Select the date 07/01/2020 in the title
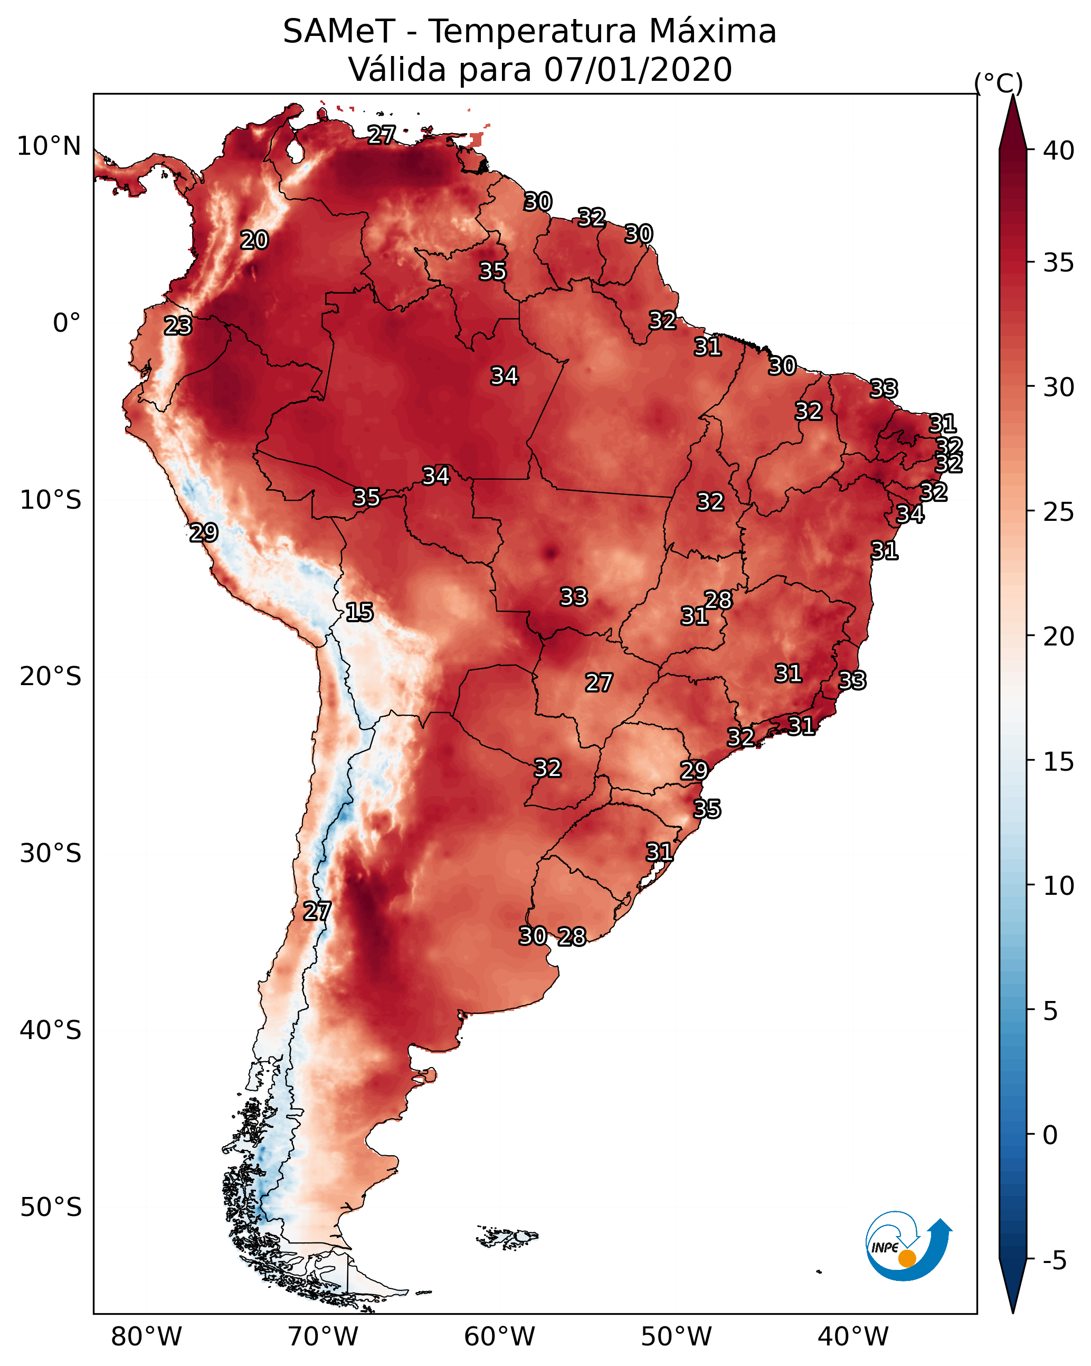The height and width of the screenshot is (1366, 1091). pos(638,70)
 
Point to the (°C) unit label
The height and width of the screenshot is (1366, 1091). pos(998,83)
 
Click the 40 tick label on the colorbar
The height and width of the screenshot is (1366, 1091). pos(1059,151)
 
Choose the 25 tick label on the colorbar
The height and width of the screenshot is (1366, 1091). pos(1059,512)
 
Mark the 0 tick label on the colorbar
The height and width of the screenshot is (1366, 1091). pos(1050,1135)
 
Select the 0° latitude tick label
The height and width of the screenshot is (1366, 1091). pos(67,323)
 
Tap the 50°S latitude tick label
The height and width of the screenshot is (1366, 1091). pos(51,1207)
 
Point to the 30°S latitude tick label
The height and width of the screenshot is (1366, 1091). pos(51,854)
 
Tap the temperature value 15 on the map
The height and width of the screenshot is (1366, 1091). pos(359,612)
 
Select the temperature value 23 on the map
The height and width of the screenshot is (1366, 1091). pos(178,326)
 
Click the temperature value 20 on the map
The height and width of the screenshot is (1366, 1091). pos(254,240)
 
